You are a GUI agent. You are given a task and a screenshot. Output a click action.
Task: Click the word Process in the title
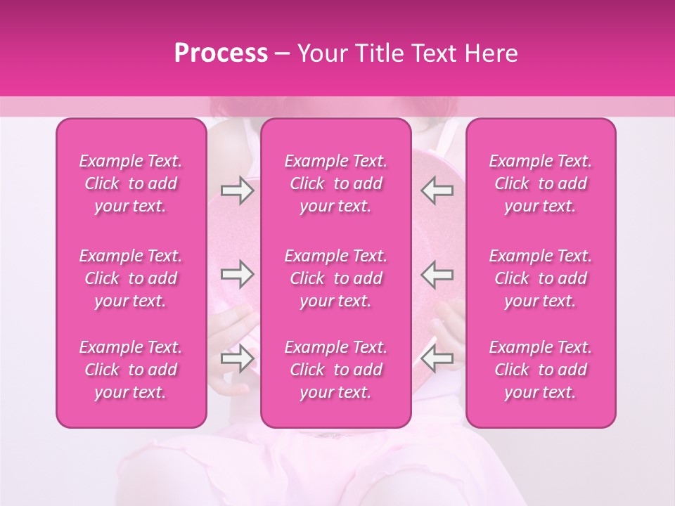tap(221, 53)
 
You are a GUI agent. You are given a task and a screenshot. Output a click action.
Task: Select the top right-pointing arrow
tap(237, 190)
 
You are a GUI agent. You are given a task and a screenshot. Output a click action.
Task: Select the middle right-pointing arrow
tap(237, 274)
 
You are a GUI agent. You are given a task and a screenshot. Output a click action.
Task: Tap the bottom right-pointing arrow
tap(237, 358)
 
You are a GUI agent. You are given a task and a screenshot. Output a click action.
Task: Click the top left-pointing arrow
tap(437, 190)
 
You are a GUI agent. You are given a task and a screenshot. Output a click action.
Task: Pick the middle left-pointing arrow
tap(437, 274)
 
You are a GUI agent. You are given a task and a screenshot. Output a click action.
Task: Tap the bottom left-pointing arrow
tap(437, 358)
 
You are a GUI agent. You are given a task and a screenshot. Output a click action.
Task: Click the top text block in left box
tap(131, 183)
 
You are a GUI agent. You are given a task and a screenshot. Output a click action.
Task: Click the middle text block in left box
tap(131, 278)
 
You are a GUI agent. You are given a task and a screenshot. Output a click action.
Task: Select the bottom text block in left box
tap(131, 370)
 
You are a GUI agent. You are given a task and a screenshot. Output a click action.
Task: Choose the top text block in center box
tap(336, 183)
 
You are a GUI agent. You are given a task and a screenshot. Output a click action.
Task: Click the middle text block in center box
tap(336, 278)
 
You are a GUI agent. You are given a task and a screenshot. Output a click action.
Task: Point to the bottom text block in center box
tap(336, 370)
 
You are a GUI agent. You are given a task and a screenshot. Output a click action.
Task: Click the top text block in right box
tap(541, 183)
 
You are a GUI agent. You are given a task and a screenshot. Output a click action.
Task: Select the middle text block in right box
tap(541, 278)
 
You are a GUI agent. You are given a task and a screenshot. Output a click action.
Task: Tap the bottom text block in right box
tap(541, 370)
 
